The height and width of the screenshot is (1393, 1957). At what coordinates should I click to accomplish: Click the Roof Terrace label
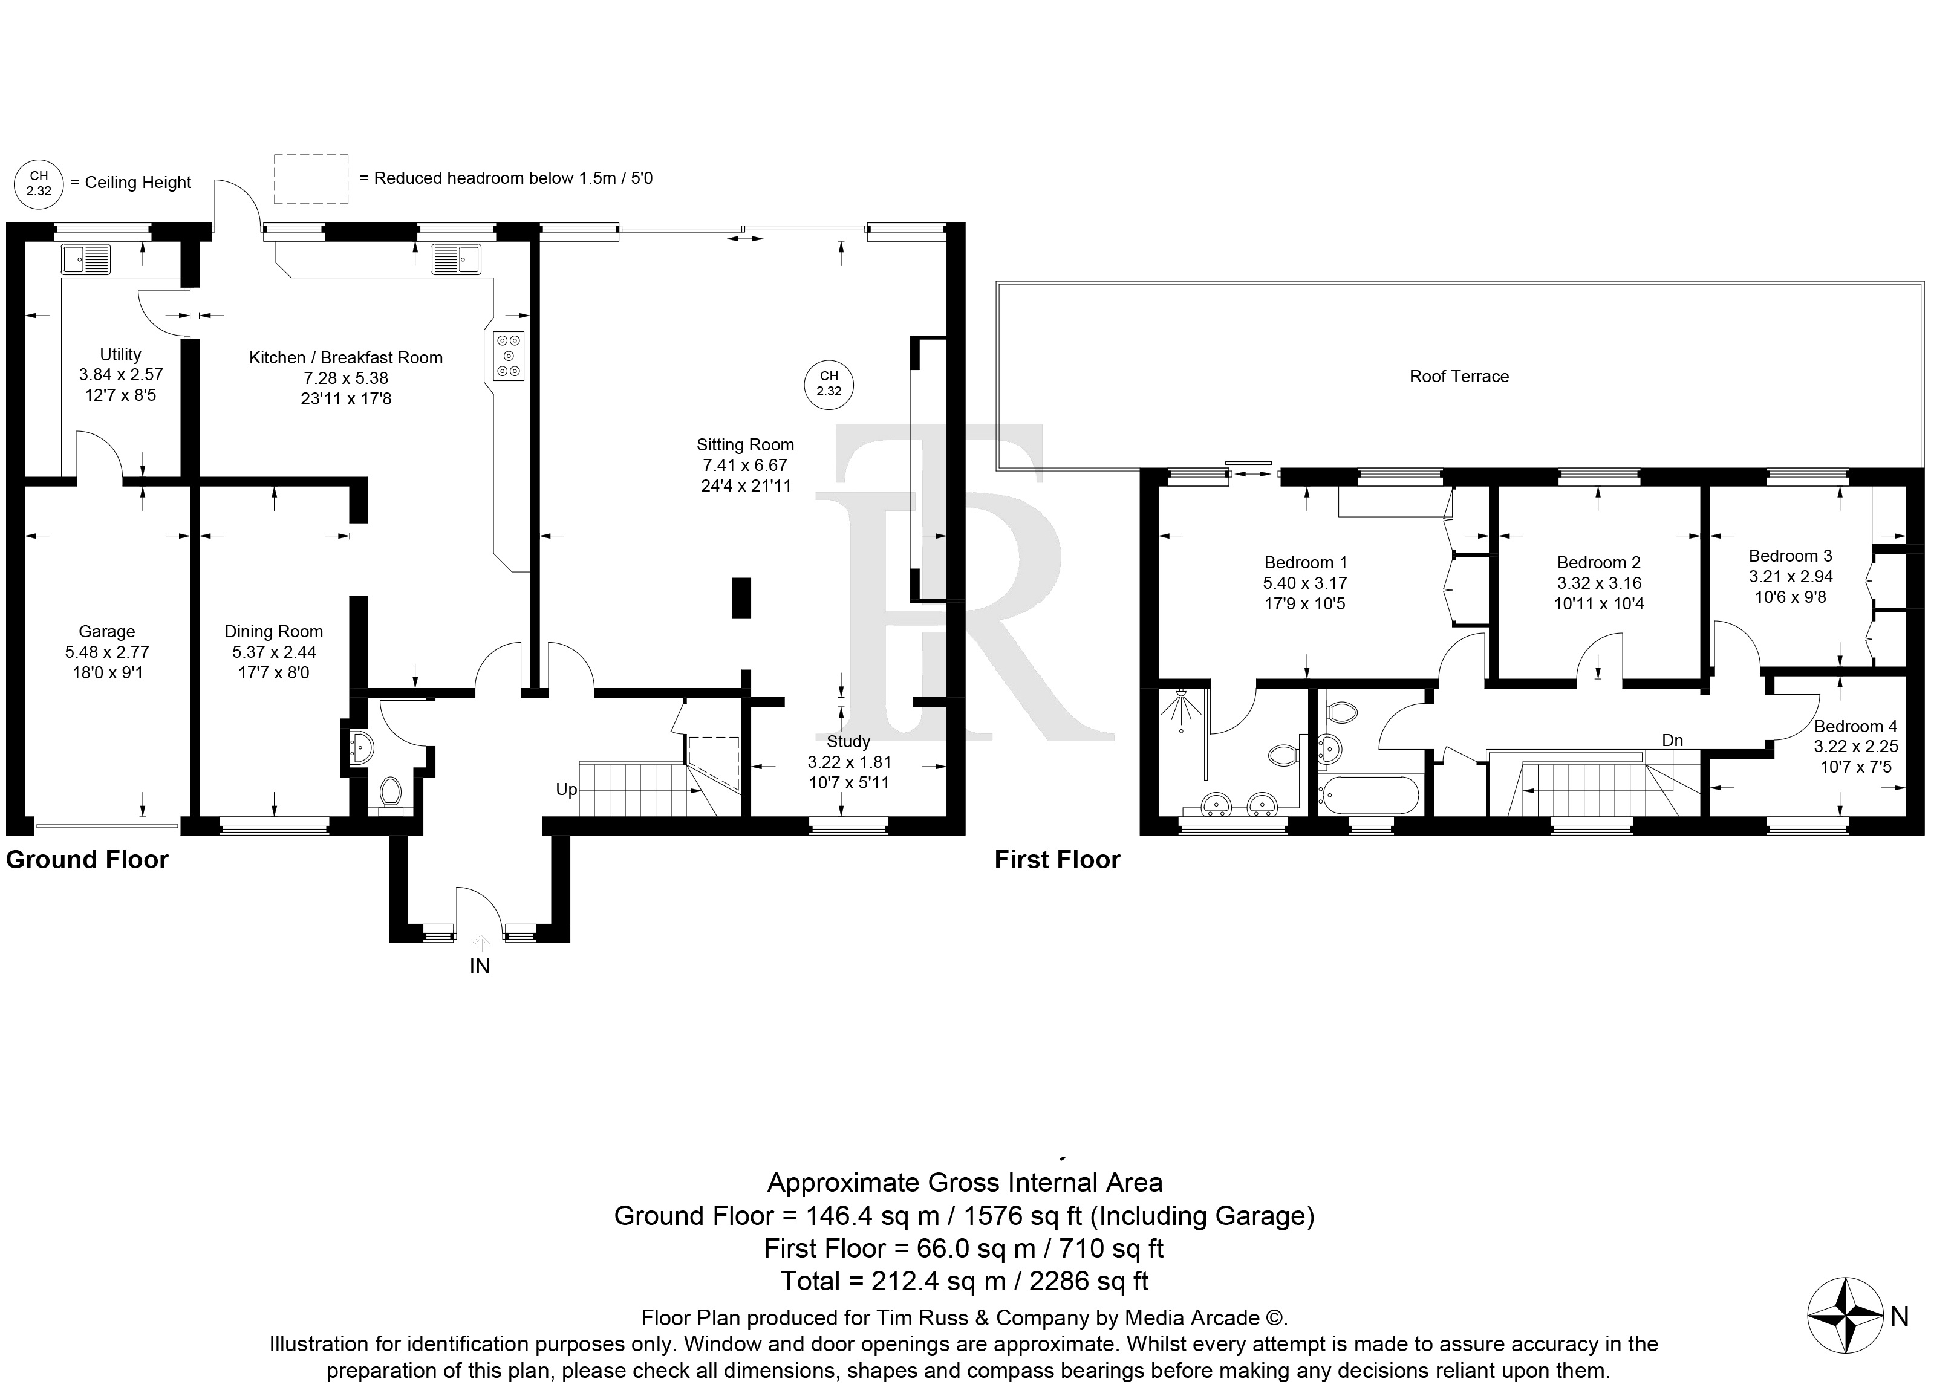click(x=1459, y=375)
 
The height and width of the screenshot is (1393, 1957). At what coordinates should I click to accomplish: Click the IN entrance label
click(x=480, y=966)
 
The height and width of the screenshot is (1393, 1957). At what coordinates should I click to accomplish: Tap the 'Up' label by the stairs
click(x=566, y=789)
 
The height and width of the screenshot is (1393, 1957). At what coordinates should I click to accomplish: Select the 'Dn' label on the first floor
click(x=1672, y=740)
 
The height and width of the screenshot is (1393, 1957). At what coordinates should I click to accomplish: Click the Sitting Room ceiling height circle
click(x=829, y=383)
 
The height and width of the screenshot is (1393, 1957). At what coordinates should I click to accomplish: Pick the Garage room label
click(x=106, y=631)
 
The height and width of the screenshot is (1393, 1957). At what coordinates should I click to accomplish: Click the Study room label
click(x=848, y=741)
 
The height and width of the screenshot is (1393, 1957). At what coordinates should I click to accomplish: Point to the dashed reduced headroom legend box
click(x=311, y=180)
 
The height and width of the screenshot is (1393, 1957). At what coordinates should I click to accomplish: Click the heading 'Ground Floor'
click(x=88, y=860)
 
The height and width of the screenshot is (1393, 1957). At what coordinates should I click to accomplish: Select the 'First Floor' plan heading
click(x=1057, y=860)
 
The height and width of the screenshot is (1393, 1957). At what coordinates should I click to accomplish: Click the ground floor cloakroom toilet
click(x=391, y=791)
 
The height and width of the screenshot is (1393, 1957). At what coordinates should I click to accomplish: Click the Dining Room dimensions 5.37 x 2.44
click(x=274, y=652)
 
